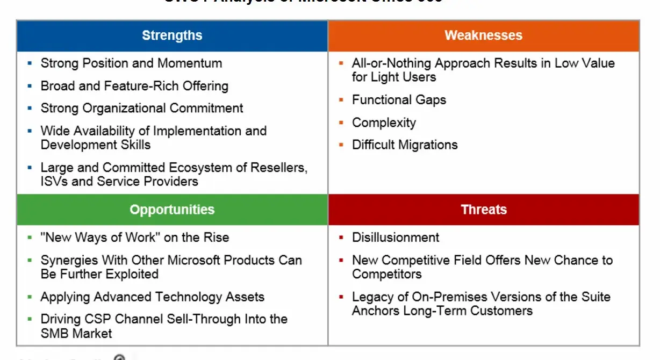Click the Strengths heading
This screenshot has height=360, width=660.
pyautogui.click(x=172, y=36)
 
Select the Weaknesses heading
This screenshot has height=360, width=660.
pyautogui.click(x=483, y=36)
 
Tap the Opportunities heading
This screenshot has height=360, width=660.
pyautogui.click(x=172, y=210)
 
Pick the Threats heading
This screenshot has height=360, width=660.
pyautogui.click(x=483, y=210)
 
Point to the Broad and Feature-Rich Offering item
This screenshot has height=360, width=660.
pyautogui.click(x=134, y=86)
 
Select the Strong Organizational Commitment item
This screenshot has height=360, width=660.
pyautogui.click(x=142, y=109)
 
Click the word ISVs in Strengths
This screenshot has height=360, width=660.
pyautogui.click(x=54, y=182)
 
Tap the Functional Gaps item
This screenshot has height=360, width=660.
pyautogui.click(x=399, y=100)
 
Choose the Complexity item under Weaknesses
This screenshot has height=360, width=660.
pyautogui.click(x=384, y=123)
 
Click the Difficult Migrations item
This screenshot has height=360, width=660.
pyautogui.click(x=405, y=145)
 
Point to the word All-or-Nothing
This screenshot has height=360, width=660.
pyautogui.click(x=391, y=63)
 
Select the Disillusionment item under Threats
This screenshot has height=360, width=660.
pyautogui.click(x=396, y=237)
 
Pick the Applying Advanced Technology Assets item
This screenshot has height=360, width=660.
pyautogui.click(x=153, y=297)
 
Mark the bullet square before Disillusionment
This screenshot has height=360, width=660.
pyautogui.click(x=341, y=237)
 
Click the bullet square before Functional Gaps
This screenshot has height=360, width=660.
pyautogui.click(x=341, y=100)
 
